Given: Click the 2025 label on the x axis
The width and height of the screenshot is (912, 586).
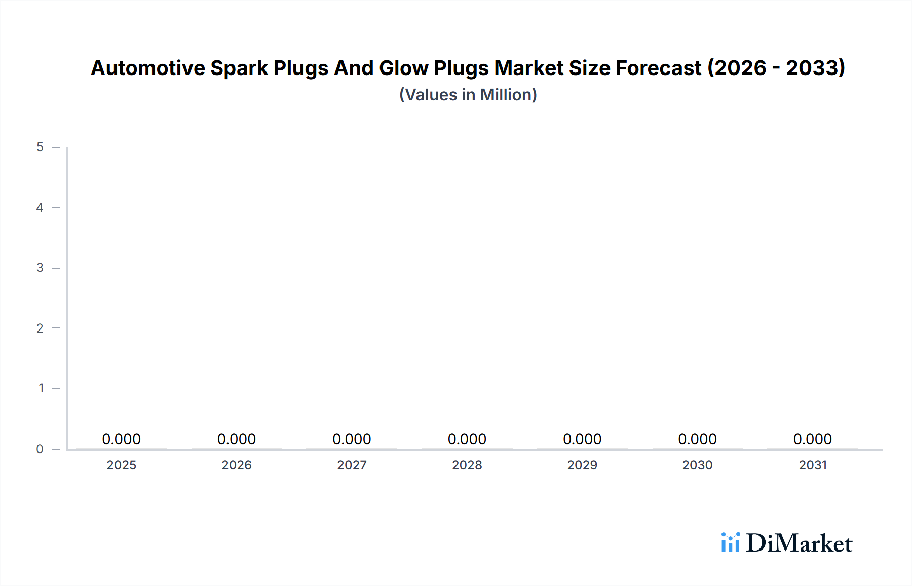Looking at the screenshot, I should click(122, 465).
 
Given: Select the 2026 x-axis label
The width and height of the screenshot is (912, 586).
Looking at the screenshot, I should click(237, 465).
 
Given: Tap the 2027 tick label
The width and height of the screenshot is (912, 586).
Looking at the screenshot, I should click(352, 465).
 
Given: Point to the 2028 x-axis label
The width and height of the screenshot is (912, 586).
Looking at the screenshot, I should click(467, 465).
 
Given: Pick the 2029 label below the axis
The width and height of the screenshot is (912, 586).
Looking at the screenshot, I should click(582, 465).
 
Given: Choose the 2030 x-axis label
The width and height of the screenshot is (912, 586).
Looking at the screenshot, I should click(697, 465).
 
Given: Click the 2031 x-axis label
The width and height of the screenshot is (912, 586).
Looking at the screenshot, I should click(813, 465).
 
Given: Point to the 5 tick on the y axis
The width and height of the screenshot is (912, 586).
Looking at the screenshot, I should click(40, 147).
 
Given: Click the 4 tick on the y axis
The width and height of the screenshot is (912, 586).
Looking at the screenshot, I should click(40, 207).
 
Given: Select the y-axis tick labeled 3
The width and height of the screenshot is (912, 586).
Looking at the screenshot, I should click(40, 268).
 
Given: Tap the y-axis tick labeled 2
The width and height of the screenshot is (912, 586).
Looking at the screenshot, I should click(40, 328).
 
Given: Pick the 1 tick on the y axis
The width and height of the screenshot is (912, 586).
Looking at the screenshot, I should click(41, 388).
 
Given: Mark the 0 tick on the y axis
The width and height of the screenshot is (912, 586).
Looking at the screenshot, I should click(40, 449).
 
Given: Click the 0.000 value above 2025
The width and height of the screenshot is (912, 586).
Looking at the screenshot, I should click(122, 439).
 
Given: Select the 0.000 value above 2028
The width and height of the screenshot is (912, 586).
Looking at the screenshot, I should click(467, 439).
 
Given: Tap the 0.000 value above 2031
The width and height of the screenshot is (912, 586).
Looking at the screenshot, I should click(813, 439).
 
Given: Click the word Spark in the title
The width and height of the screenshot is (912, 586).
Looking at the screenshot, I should click(239, 68).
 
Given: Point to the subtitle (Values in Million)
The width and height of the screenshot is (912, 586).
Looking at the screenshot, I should click(468, 95).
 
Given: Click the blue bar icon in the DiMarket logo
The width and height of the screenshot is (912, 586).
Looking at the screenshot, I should click(731, 542).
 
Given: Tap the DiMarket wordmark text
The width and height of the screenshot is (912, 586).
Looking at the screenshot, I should click(799, 543).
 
